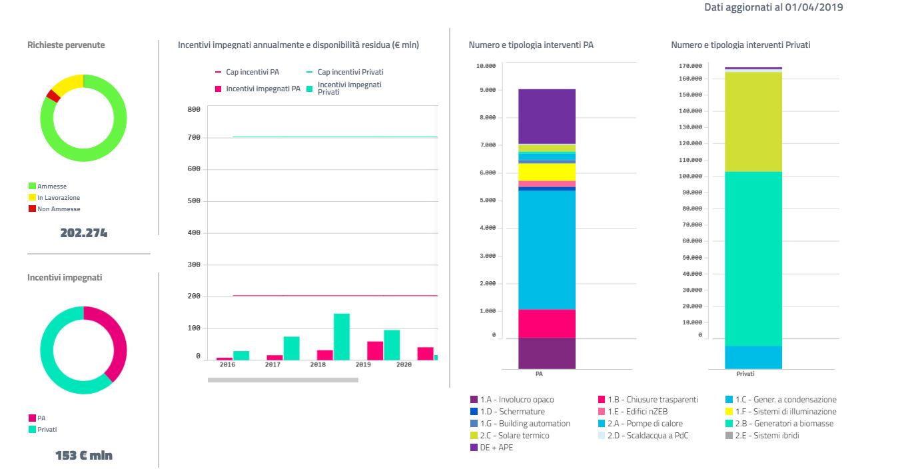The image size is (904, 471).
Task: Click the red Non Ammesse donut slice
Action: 53,96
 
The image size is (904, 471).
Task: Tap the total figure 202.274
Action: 83,233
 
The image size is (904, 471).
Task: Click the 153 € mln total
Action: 83,456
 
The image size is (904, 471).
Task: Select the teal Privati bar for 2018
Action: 342,336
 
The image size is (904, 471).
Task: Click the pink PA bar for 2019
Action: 375,350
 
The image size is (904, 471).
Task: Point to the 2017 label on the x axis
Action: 272,365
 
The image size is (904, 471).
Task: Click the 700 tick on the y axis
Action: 194,138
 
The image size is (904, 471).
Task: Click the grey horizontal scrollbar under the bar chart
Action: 282,380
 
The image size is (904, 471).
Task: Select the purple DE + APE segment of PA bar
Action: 547,117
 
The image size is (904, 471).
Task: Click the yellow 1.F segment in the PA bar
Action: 547,172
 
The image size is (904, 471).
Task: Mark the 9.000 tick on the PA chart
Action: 486,90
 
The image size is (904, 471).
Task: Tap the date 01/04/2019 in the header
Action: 815,7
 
